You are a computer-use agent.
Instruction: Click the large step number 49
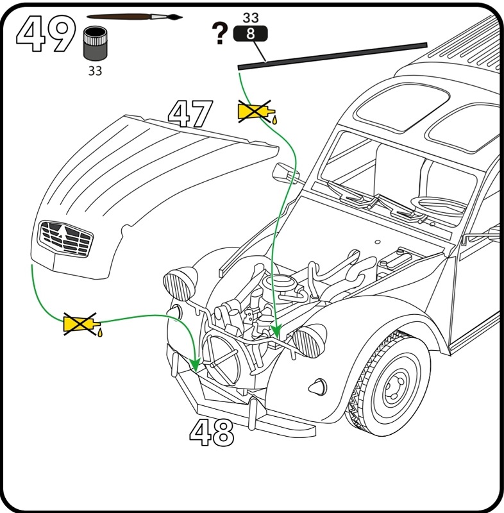tap(46, 33)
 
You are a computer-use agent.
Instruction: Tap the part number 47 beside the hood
tap(190, 114)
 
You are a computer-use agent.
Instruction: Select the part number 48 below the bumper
tap(212, 432)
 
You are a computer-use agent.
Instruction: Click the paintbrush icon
tap(135, 17)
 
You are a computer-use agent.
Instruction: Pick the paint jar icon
tap(95, 43)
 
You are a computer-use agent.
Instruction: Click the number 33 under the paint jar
tap(95, 71)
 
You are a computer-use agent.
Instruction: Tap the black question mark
tap(220, 33)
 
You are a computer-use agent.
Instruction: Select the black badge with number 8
tap(251, 34)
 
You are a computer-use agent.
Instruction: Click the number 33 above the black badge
tap(251, 18)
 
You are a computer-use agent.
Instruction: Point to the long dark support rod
tap(332, 56)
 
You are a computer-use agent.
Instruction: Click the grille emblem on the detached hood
tap(65, 239)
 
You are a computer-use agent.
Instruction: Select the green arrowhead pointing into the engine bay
tap(276, 331)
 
